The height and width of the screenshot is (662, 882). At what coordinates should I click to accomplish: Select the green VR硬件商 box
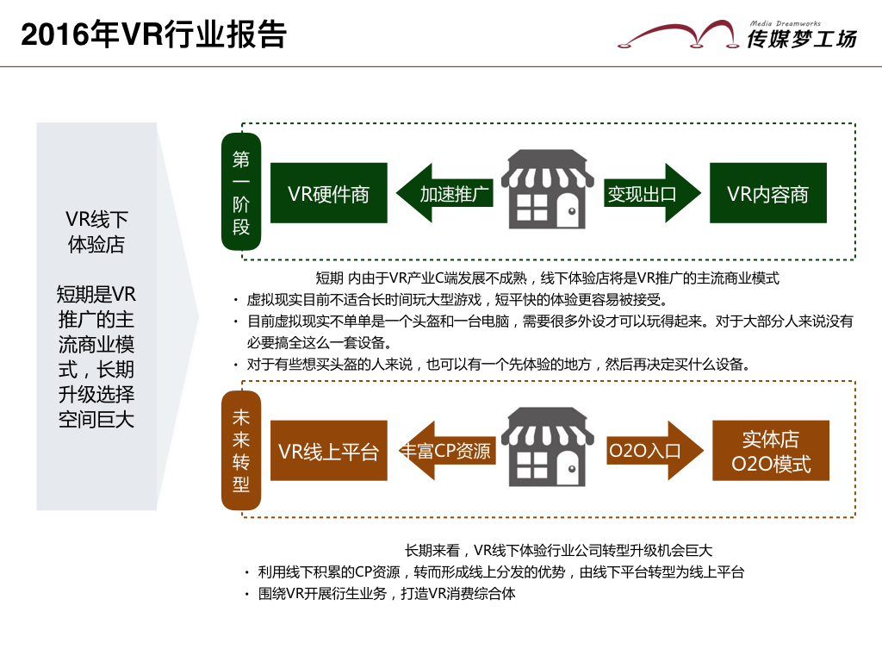tap(328, 193)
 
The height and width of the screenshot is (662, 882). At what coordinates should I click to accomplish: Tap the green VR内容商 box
tap(767, 193)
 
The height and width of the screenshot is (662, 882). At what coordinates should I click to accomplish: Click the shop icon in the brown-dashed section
tap(548, 448)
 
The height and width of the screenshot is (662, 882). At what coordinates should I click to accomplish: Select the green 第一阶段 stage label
tap(241, 192)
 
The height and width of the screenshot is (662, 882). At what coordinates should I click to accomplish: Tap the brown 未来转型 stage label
tap(241, 451)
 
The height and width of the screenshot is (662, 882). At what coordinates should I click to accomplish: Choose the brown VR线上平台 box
tap(328, 451)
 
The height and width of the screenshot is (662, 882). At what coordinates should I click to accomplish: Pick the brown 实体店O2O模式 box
tap(771, 451)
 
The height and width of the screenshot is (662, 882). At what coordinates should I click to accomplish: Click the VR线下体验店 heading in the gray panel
tap(96, 231)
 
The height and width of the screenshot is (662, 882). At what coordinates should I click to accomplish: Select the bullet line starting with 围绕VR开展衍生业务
tap(386, 593)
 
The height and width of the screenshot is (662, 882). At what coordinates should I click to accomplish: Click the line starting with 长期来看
tap(558, 550)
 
